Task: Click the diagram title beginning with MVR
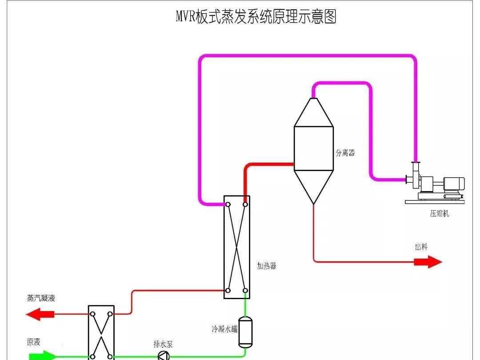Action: coord(256,16)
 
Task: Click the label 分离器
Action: coord(345,153)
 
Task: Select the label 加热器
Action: coord(267,266)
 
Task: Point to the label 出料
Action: coord(421,247)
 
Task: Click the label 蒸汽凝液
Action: coord(41,298)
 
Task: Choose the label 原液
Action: coord(34,342)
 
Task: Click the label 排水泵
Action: coord(163,344)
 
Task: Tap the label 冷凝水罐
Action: coord(224,329)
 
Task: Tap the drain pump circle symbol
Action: coord(164,356)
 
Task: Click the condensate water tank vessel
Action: coord(245,332)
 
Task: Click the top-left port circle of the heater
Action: coord(228,204)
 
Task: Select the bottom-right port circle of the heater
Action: coord(245,291)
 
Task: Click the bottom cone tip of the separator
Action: coord(313,203)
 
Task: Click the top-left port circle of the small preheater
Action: coord(92,314)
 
